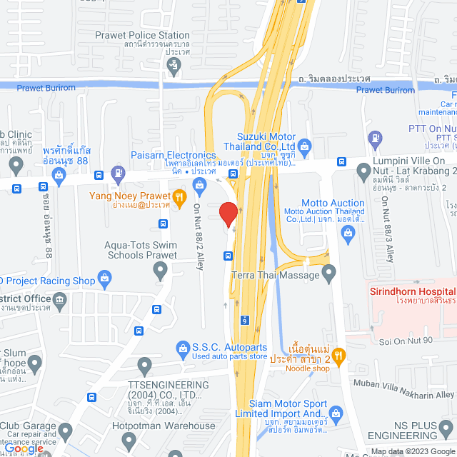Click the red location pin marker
pyautogui.click(x=228, y=214)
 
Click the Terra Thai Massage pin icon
pyautogui.click(x=328, y=272)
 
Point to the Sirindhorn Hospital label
pyautogui.click(x=412, y=291)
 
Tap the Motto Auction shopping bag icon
pyautogui.click(x=348, y=237)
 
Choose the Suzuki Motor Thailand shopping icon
pyautogui.click(x=305, y=149)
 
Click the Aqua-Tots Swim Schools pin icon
pyautogui.click(x=160, y=270)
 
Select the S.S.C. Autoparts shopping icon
pyautogui.click(x=182, y=348)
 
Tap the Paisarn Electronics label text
pyautogui.click(x=173, y=155)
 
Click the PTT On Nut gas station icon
pyautogui.click(x=373, y=138)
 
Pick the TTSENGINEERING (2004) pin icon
pyautogui.click(x=144, y=368)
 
